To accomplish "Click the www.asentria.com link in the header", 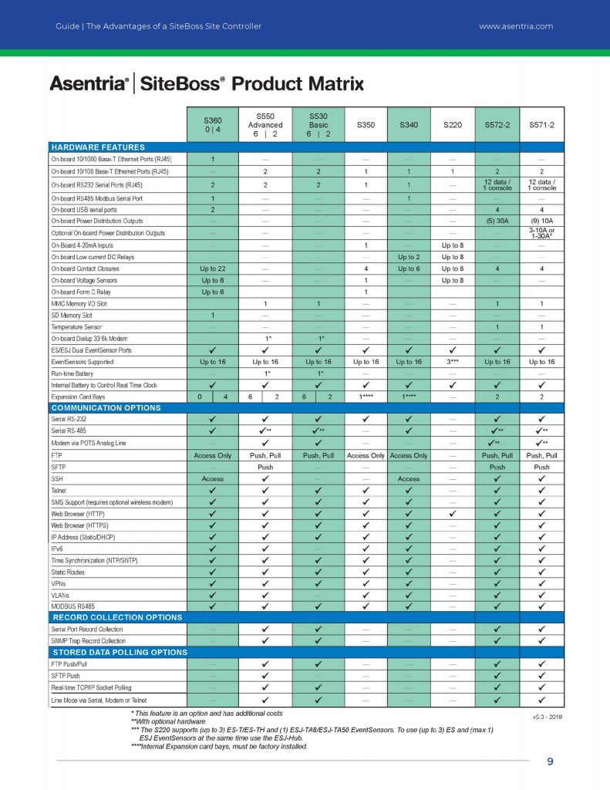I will point(516,26).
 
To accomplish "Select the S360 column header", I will point(212,126).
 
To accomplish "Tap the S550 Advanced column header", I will point(265,125).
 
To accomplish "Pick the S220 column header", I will point(453,125).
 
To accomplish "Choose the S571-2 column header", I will point(541,125).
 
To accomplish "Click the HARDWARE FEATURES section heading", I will point(97,147).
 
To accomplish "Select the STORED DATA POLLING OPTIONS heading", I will point(119,652).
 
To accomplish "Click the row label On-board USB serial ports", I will point(84,208).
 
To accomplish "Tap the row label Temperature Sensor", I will point(79,326).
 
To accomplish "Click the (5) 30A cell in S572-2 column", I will point(497,220).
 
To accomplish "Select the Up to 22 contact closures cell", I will point(212,268).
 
